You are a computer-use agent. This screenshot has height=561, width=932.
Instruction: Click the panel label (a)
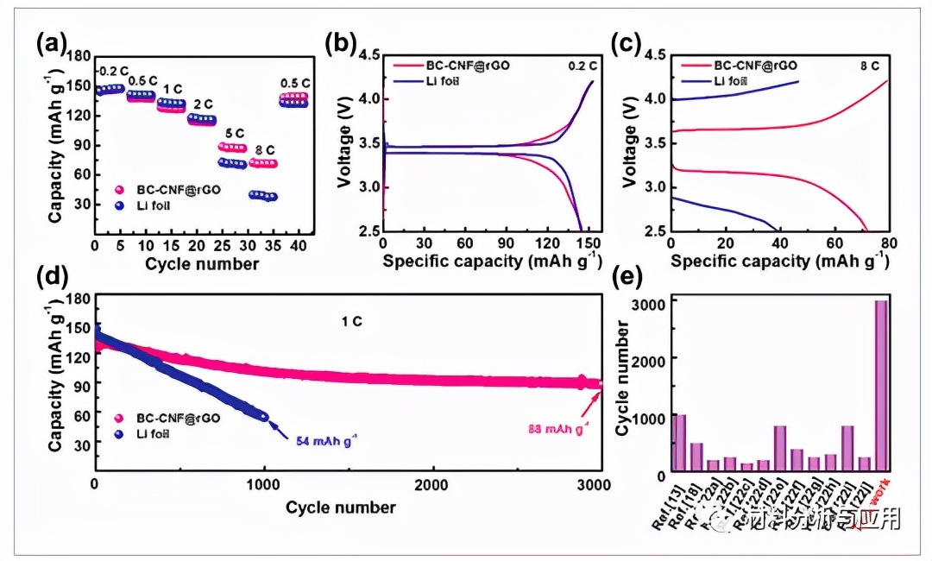coord(51,43)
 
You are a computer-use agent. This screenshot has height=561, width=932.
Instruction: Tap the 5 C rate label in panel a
coord(234,134)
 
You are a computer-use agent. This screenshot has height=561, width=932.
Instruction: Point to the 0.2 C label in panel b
coord(582,65)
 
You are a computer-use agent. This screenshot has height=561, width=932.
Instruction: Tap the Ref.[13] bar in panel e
coord(680,444)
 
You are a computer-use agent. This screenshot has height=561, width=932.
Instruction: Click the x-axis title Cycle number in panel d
coord(340,507)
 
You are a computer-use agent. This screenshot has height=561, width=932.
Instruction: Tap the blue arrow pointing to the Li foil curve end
coord(277,427)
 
